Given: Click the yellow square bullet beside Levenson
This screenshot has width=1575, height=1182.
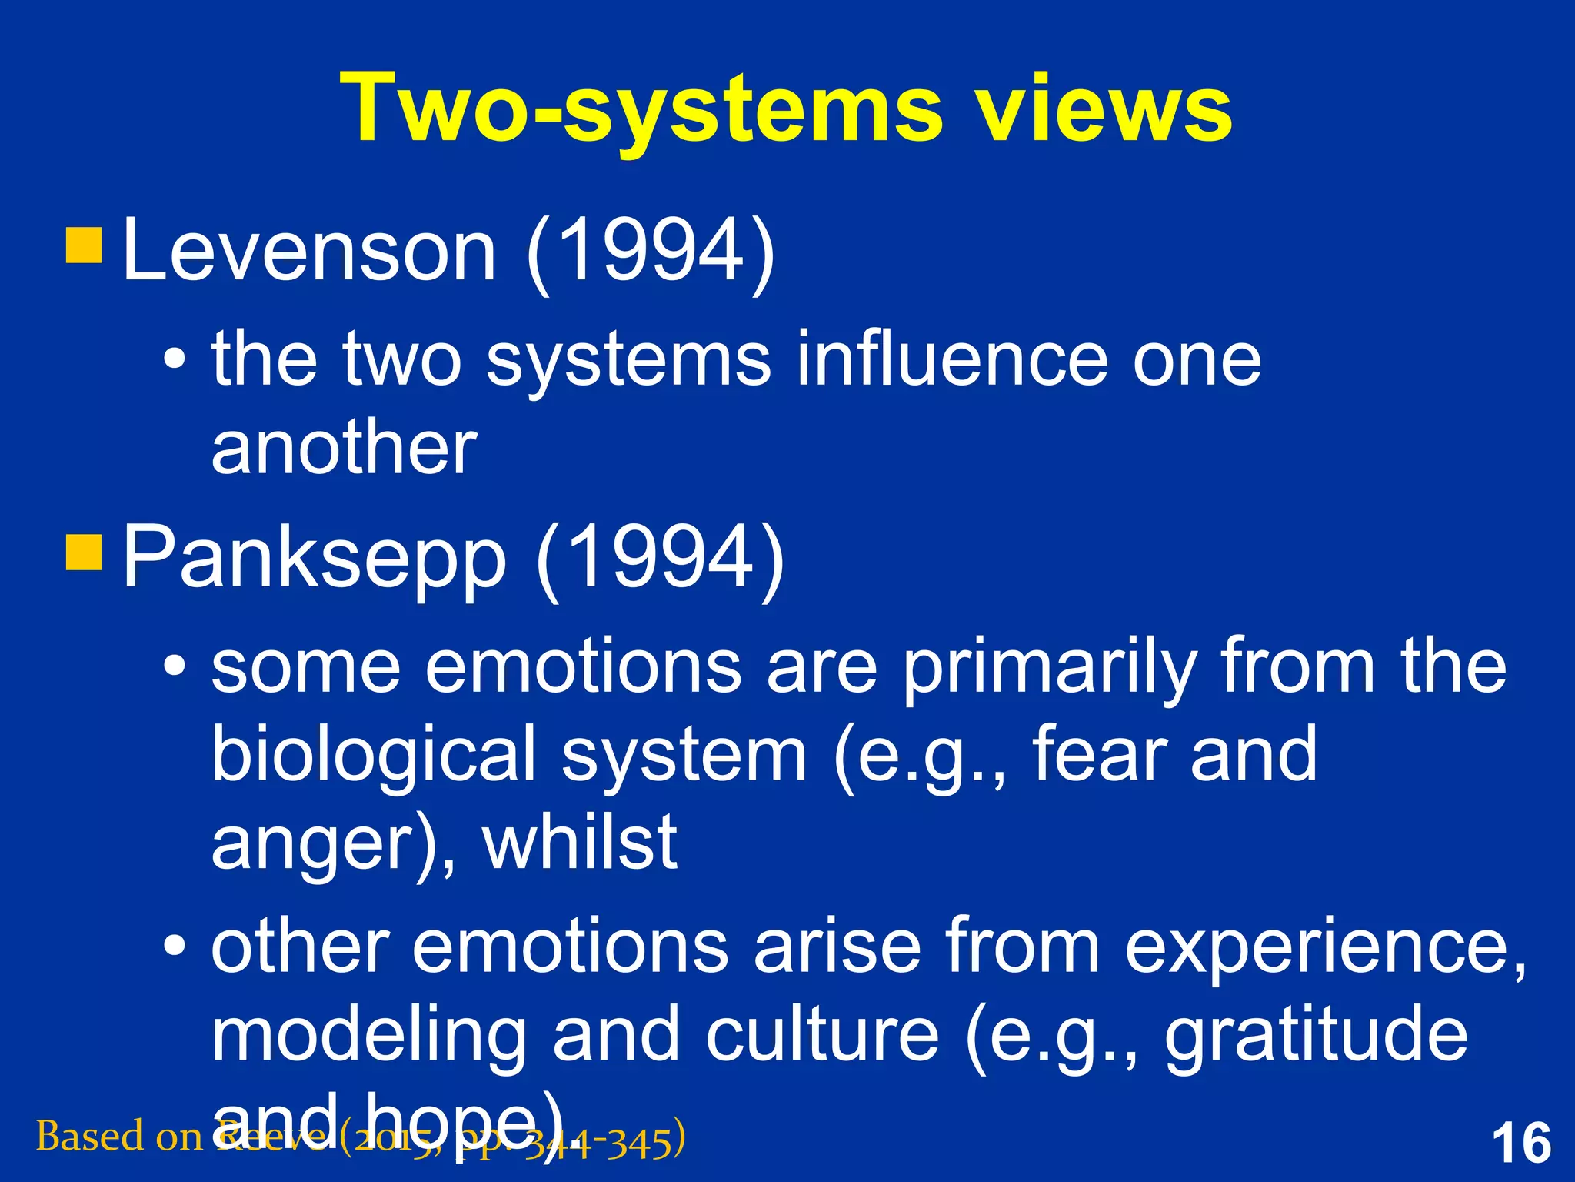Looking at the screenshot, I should coord(84,245).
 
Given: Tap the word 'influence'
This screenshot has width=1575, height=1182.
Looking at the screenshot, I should coord(951,359).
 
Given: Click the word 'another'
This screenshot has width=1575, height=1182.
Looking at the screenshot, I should coord(344,448).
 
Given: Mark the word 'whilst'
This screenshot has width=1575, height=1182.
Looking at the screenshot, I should coord(580,842).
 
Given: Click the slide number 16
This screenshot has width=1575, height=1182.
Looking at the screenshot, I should coord(1521,1144).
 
